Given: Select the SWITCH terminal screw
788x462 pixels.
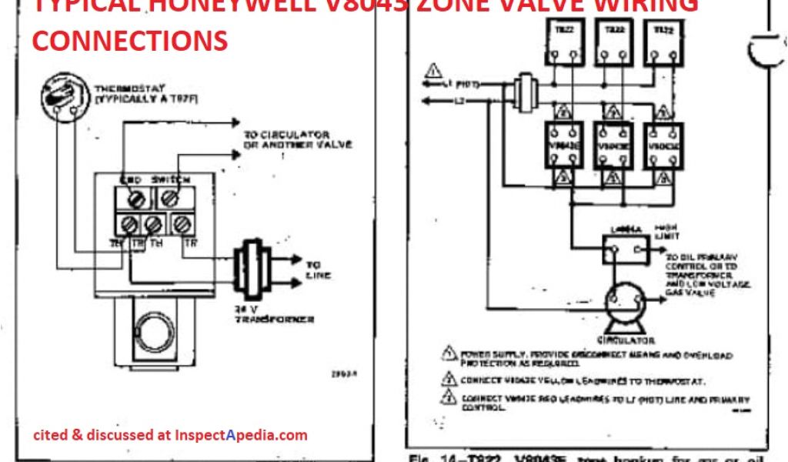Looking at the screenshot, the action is pos(170,199).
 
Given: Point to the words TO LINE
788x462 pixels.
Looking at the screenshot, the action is pos(318,268).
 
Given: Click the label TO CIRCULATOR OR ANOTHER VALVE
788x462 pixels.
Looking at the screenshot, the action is pos(286,139).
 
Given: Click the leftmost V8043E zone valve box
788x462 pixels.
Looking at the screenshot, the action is pos(563,144).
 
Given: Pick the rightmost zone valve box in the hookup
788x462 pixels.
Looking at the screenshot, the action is pos(663,144).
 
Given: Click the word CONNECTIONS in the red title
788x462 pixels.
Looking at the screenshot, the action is pos(130,39).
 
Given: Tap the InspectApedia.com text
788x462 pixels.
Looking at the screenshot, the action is pos(242,435).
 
